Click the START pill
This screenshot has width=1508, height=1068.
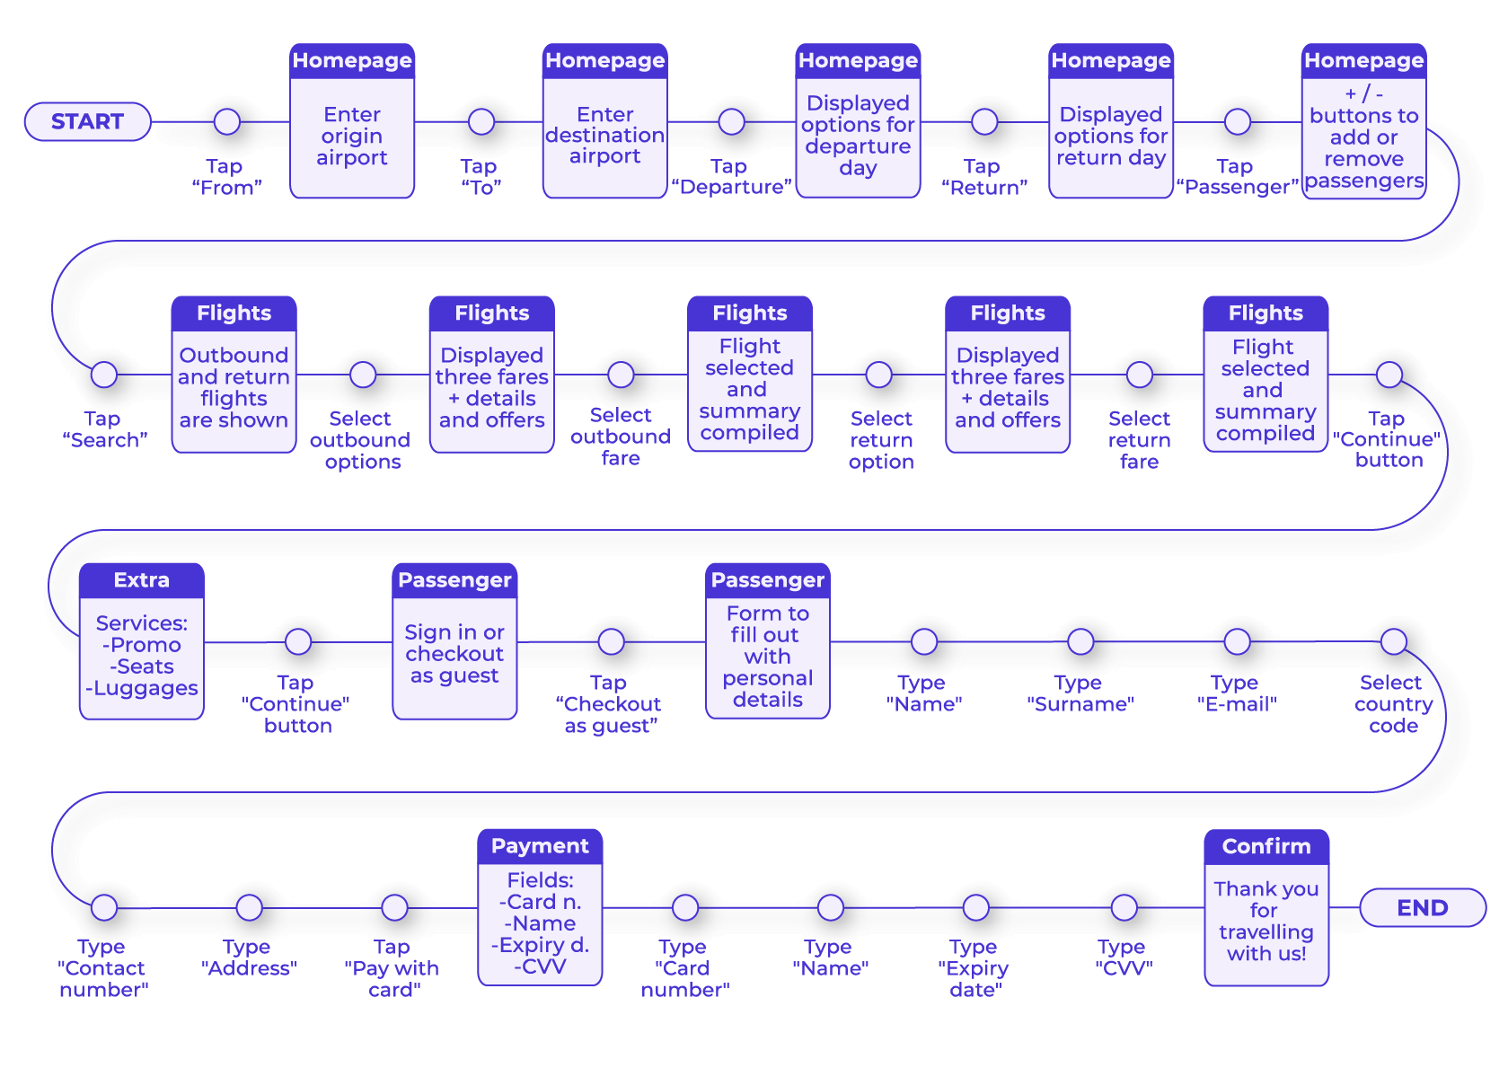[87, 121]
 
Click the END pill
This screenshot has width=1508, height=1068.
[1422, 907]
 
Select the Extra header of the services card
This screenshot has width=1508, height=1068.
[141, 580]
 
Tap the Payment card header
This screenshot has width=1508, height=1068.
[540, 846]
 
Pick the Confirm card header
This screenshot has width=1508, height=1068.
[1265, 846]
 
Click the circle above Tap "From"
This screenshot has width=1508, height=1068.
[227, 121]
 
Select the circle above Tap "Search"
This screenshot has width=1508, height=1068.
[104, 375]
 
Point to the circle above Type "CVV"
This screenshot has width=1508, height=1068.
[1124, 907]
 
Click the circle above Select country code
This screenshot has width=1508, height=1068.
[1393, 641]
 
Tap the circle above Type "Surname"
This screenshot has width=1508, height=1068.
[1080, 641]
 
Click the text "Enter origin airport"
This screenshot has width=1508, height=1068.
[352, 137]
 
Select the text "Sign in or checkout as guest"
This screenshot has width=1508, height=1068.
[454, 654]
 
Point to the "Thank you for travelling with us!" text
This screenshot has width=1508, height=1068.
[1265, 921]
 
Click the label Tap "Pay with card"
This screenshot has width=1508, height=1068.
[392, 968]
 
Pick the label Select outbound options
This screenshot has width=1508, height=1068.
[361, 440]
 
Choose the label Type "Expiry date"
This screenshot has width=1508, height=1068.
[974, 968]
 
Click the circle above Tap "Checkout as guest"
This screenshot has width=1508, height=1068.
[611, 641]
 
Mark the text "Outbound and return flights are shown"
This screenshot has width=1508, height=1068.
[234, 388]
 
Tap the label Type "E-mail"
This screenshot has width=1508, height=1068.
[1237, 693]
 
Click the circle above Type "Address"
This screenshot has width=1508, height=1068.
[249, 907]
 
